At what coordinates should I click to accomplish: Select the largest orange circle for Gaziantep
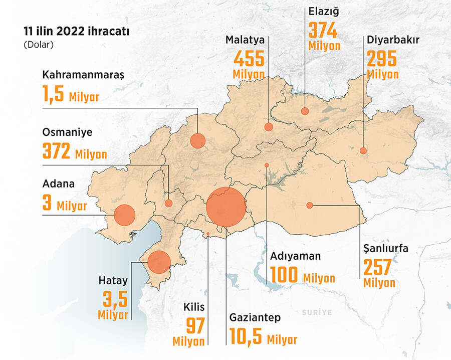pyautogui.click(x=226, y=207)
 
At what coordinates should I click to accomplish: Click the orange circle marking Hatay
pyautogui.click(x=159, y=261)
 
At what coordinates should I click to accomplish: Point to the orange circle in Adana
pyautogui.click(x=125, y=215)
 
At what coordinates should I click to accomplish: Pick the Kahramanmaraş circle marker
pyautogui.click(x=197, y=141)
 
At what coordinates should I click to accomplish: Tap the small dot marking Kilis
pyautogui.click(x=207, y=234)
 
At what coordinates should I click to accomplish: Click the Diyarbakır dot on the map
pyautogui.click(x=363, y=150)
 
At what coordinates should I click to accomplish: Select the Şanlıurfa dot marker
pyautogui.click(x=310, y=205)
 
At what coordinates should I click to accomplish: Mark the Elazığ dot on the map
pyautogui.click(x=305, y=111)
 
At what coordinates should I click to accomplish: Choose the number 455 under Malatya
pyautogui.click(x=249, y=59)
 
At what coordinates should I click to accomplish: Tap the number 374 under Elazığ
pyautogui.click(x=323, y=31)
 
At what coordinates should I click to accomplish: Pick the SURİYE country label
pyautogui.click(x=317, y=312)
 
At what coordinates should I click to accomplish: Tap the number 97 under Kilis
pyautogui.click(x=195, y=326)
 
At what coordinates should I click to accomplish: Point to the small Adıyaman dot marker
pyautogui.click(x=267, y=165)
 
